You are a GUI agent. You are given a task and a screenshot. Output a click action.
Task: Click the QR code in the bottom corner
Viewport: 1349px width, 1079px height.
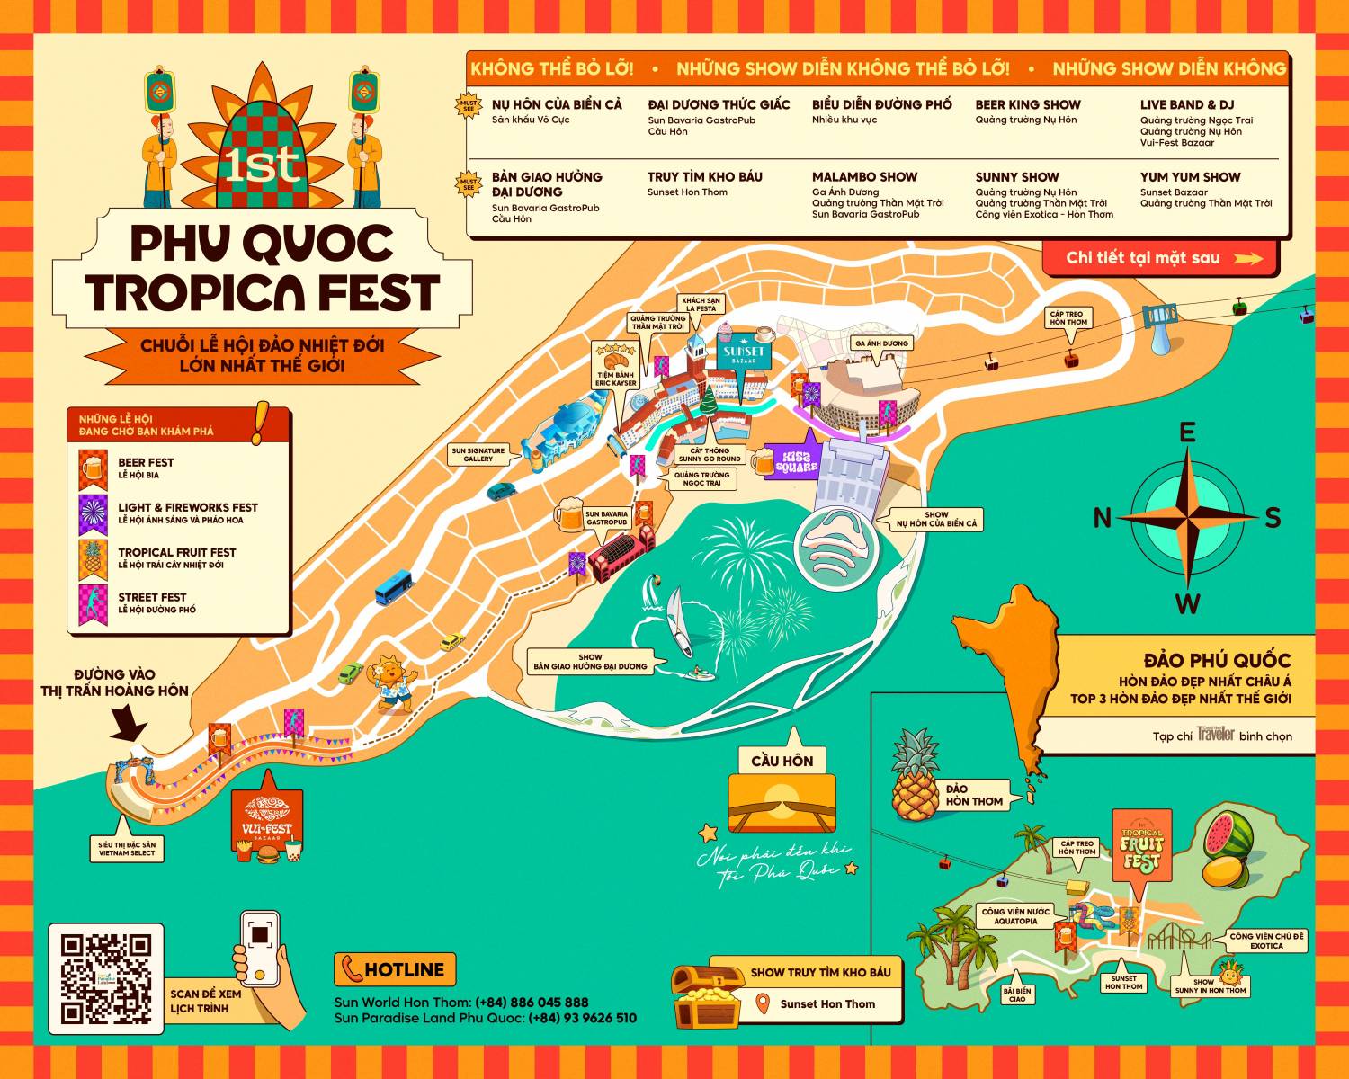point(106,978)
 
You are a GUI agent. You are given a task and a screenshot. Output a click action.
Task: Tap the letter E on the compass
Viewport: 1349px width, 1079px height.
point(1187,432)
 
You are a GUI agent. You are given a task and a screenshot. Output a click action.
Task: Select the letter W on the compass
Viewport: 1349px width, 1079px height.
point(1187,603)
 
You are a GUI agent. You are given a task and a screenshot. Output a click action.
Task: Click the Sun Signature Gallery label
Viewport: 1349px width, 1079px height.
point(478,455)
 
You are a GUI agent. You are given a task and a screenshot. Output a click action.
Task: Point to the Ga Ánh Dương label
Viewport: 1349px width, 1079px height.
point(881,343)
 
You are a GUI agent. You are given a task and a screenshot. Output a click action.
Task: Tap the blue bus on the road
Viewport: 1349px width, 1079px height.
point(394,585)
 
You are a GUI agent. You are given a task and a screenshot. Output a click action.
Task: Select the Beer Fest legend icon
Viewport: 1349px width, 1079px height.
point(93,468)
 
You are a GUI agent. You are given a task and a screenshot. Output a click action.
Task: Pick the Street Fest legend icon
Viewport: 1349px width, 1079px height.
point(93,603)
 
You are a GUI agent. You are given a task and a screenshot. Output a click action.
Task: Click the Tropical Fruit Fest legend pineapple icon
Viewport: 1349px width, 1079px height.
point(93,558)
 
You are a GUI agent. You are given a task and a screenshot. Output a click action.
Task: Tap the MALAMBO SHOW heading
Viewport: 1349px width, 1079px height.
point(864,177)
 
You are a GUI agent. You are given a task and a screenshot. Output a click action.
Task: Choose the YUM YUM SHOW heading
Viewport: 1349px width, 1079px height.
point(1190,177)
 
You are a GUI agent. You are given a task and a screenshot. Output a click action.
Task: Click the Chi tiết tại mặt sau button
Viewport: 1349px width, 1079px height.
point(1160,258)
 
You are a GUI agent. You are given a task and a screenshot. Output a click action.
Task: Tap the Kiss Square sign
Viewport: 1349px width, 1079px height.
point(796,459)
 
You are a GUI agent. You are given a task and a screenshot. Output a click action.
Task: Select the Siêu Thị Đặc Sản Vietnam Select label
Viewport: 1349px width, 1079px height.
point(127,849)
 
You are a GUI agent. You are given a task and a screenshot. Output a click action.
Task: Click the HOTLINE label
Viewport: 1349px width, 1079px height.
point(395,970)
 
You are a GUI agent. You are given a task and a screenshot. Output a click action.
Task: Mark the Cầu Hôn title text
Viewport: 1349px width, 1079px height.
point(782,761)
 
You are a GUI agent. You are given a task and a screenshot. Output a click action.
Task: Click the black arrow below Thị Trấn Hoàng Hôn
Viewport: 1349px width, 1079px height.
point(131,723)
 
